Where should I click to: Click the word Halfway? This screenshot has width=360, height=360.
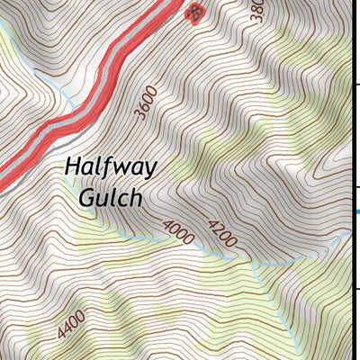[x=111, y=169]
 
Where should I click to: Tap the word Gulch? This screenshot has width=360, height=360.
[x=111, y=197]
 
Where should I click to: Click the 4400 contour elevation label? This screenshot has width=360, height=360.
[x=71, y=324]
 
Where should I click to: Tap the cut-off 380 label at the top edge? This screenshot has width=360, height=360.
[x=256, y=10]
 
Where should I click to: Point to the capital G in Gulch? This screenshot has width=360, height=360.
[x=88, y=197]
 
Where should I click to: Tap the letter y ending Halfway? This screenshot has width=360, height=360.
[x=150, y=171]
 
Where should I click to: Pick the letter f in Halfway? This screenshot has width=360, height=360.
[x=107, y=167]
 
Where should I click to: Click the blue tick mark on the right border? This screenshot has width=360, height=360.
[x=356, y=212]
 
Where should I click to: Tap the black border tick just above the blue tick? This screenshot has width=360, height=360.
[x=357, y=188]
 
